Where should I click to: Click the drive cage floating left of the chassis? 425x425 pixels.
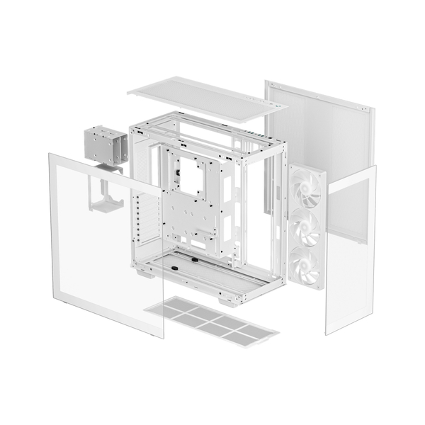[x=106, y=144]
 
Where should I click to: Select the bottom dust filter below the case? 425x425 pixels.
[x=211, y=323]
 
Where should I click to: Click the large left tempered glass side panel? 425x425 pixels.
[x=99, y=248]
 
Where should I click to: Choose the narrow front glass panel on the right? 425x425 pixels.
[x=351, y=248]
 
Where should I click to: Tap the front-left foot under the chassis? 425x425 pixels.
[x=144, y=273]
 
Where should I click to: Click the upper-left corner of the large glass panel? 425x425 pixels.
[x=49, y=155]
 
